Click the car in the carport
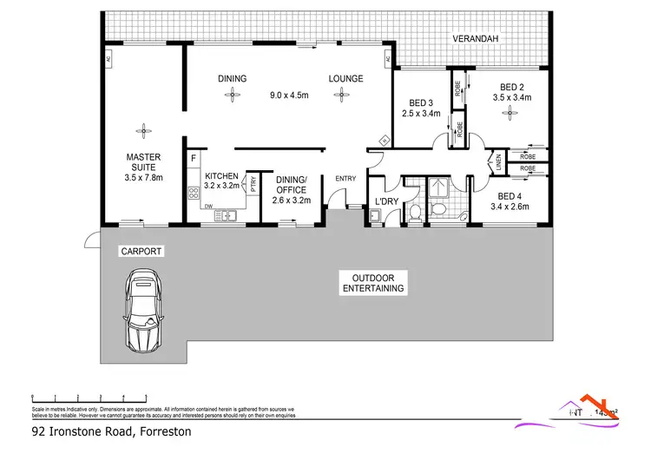coord(144,308)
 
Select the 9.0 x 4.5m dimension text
coord(288,95)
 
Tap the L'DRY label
coord(385,203)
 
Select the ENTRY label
coord(345,180)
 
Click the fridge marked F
coord(194,160)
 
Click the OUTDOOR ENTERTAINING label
coord(373,283)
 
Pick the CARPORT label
coord(141,251)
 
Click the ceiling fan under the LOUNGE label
coord(345,96)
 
